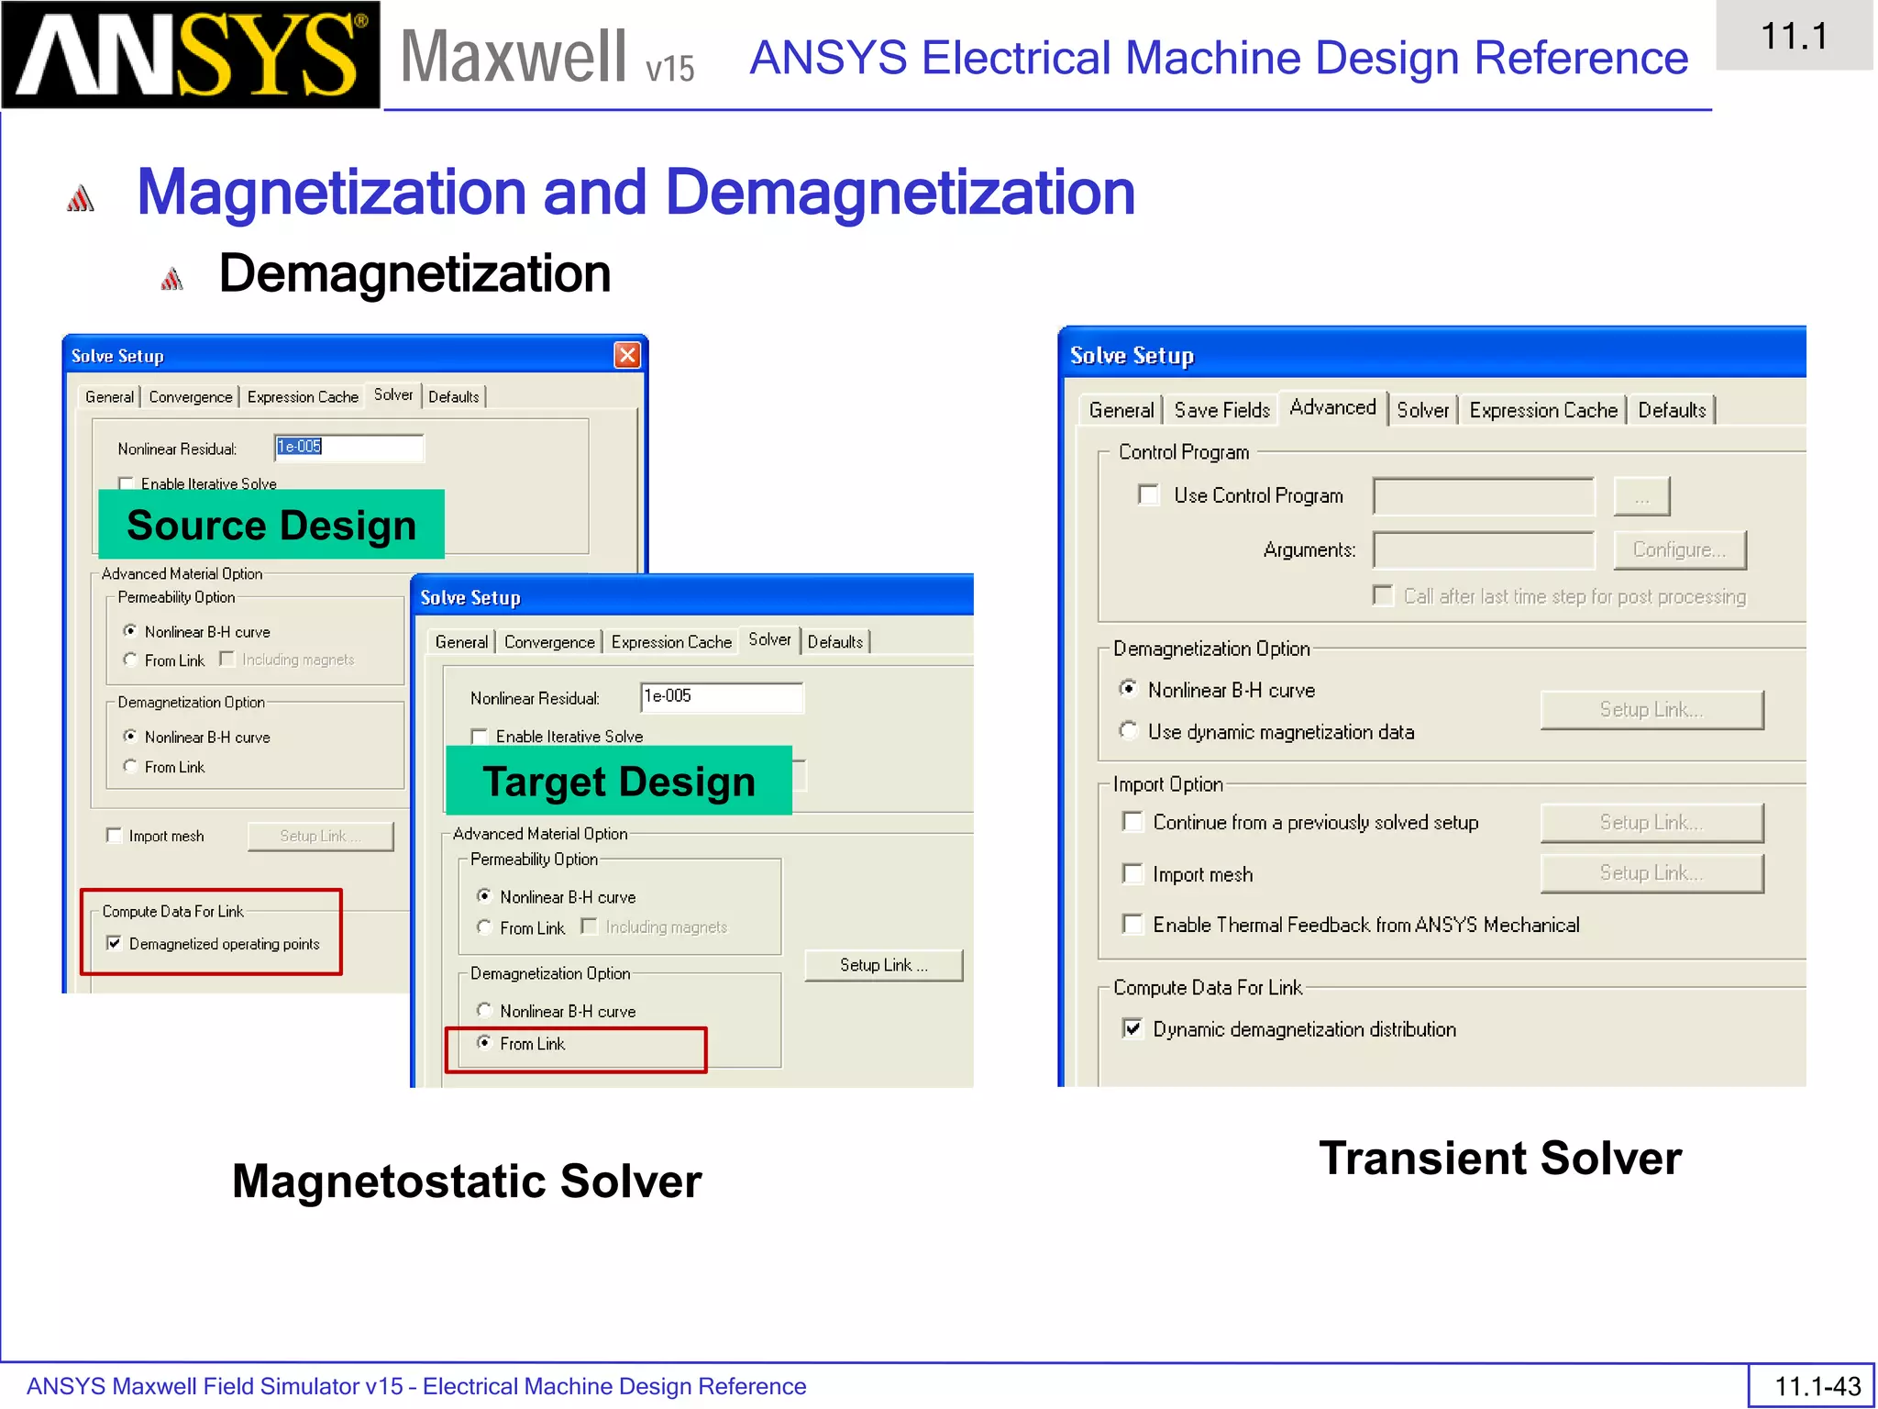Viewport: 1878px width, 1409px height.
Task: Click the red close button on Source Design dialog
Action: click(627, 355)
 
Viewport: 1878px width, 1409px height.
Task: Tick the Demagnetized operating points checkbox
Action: click(115, 943)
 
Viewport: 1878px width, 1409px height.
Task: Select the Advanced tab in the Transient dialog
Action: click(1332, 407)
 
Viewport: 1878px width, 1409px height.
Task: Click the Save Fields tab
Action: click(1221, 410)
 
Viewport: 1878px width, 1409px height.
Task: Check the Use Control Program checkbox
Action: click(1148, 495)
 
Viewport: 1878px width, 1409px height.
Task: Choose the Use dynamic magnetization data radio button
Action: click(1129, 731)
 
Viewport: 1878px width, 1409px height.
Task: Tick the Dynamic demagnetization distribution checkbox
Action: click(1133, 1028)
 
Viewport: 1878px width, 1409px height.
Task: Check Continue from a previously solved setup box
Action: click(1133, 822)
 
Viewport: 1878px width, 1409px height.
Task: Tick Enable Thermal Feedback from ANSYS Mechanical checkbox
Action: click(1133, 924)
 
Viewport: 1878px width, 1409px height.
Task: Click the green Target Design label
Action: click(619, 782)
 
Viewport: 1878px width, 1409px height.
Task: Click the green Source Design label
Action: click(271, 525)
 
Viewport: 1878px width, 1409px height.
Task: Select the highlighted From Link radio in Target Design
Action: click(484, 1043)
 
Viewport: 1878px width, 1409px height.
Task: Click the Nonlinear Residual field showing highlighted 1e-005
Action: click(348, 447)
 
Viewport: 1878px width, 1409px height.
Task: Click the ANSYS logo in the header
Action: click(191, 55)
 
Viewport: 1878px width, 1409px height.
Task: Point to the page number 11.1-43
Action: click(1817, 1385)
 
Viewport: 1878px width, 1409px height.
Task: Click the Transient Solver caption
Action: click(1500, 1158)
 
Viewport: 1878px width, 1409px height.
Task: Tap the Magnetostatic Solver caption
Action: click(467, 1181)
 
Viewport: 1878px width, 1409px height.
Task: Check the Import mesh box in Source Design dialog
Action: click(115, 836)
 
